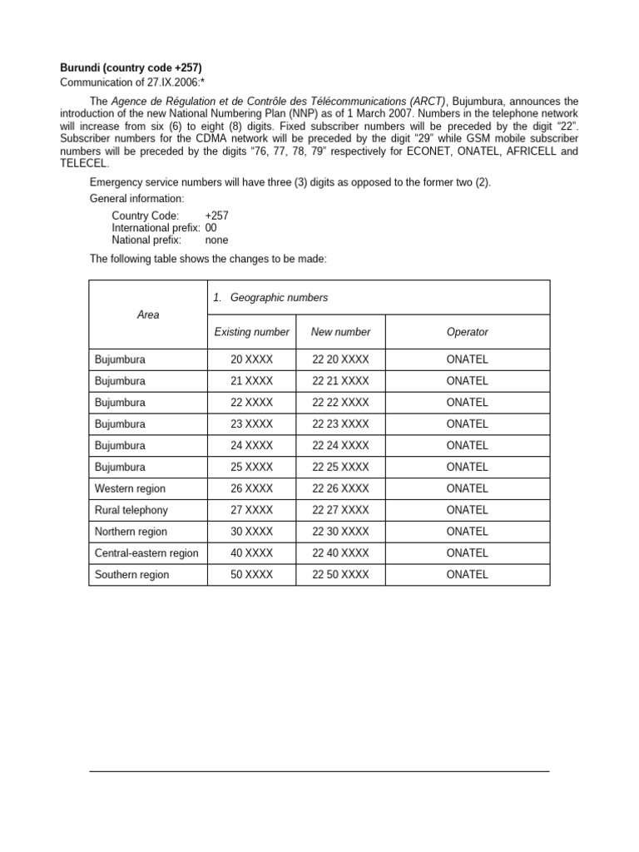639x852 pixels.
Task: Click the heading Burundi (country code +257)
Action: point(131,67)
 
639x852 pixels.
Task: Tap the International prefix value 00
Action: point(211,227)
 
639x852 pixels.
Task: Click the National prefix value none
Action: point(216,240)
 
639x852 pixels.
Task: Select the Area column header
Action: point(148,315)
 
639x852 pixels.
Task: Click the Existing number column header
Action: point(251,332)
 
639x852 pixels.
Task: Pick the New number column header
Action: point(340,332)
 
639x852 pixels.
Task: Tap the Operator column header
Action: point(467,332)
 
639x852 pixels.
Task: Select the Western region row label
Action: point(130,488)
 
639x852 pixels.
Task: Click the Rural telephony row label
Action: point(131,510)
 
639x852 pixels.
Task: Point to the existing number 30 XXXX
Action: point(251,532)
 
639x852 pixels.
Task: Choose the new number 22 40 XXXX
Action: point(340,553)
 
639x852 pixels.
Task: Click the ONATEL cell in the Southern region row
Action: point(467,575)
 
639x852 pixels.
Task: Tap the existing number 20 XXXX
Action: point(251,359)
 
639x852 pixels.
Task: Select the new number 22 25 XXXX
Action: point(340,467)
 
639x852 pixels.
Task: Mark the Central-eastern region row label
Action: point(146,553)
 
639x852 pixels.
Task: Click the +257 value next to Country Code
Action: point(216,215)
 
